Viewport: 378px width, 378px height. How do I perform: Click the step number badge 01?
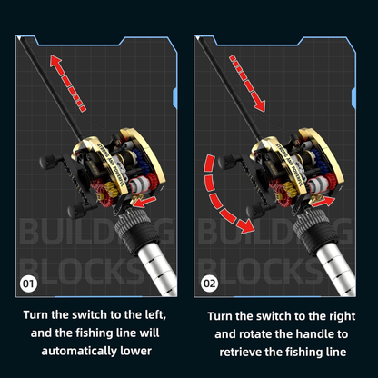pyautogui.click(x=28, y=283)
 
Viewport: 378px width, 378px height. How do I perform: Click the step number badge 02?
pyautogui.click(x=210, y=283)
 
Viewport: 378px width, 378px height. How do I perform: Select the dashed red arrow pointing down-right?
pyautogui.click(x=247, y=83)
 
